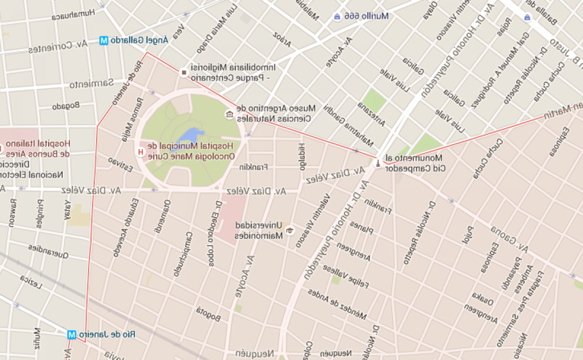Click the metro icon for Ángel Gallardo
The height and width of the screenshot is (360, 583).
click(x=103, y=41)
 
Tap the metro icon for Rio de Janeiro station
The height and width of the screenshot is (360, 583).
click(x=72, y=335)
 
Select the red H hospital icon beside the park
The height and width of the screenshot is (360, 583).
click(x=141, y=152)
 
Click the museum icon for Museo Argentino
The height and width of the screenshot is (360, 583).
click(x=229, y=114)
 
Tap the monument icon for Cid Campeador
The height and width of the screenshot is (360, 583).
click(x=377, y=163)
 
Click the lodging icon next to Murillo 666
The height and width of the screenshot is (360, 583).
click(x=336, y=17)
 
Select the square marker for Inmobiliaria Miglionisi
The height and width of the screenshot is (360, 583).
click(x=184, y=73)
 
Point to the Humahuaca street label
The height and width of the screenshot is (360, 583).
click(x=73, y=15)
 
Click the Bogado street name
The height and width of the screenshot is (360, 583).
click(x=66, y=106)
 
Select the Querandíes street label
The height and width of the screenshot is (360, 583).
click(x=49, y=251)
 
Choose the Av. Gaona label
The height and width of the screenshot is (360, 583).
click(x=508, y=239)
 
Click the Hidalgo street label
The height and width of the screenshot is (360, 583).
click(x=302, y=156)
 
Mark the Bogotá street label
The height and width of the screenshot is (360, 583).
click(x=208, y=314)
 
